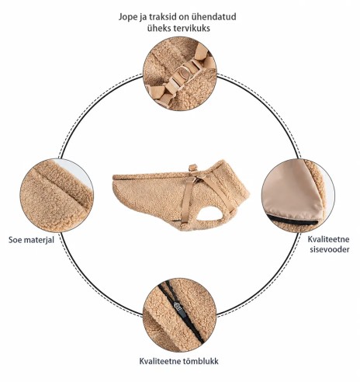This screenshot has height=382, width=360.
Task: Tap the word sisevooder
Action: (330, 249)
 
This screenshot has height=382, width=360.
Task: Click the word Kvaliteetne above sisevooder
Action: (328, 239)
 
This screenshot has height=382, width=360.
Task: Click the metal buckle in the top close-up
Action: (187, 71)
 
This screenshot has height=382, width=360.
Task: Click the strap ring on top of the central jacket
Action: (193, 168)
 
